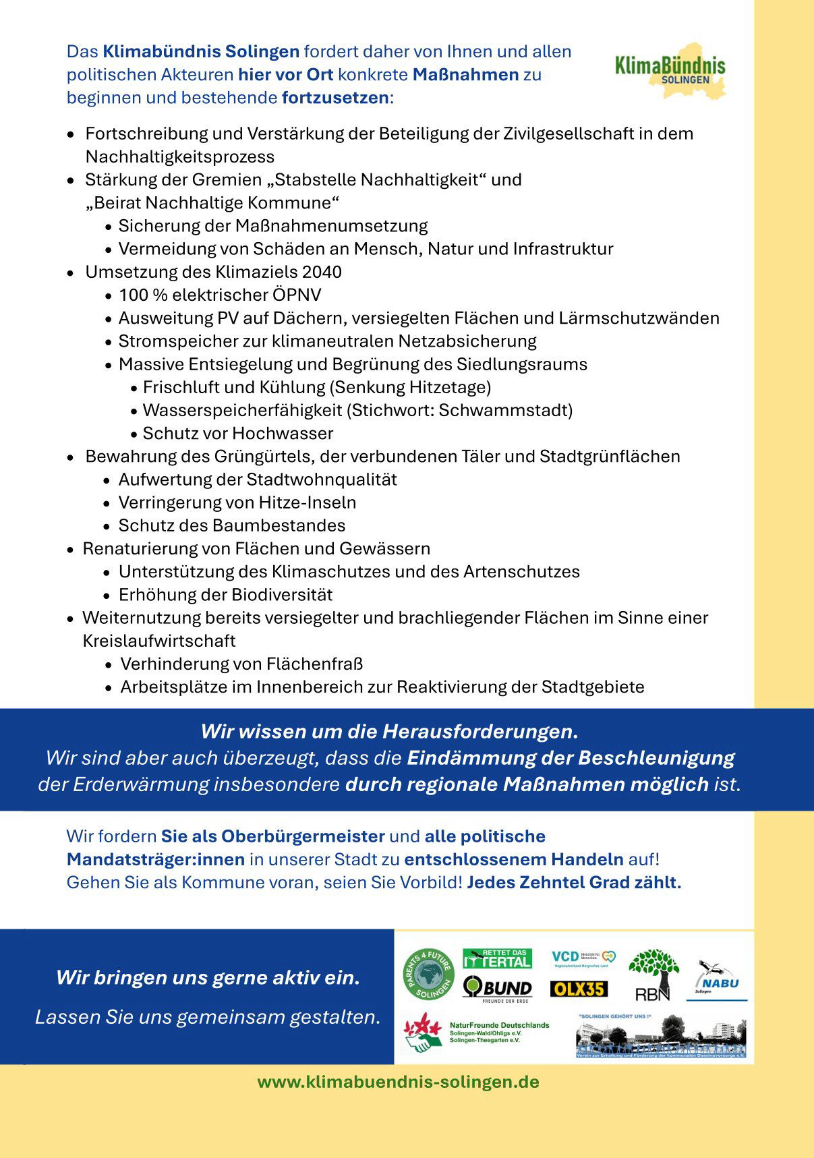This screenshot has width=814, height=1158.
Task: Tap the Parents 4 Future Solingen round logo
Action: coord(428,975)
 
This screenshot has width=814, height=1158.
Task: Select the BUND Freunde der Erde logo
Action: coord(497,989)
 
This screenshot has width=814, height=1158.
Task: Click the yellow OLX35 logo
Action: coord(579,989)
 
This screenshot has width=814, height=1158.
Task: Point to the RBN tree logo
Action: coord(653,975)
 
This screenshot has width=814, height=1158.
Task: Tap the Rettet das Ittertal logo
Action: coord(497,958)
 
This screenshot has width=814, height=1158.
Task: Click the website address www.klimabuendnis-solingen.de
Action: coord(398,1082)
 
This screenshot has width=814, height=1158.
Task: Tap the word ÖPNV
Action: coord(297,295)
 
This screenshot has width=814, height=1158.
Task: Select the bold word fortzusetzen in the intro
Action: coord(335,98)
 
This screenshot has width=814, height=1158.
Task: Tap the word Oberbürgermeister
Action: coord(303,836)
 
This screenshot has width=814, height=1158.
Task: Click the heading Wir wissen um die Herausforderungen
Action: coord(389,731)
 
